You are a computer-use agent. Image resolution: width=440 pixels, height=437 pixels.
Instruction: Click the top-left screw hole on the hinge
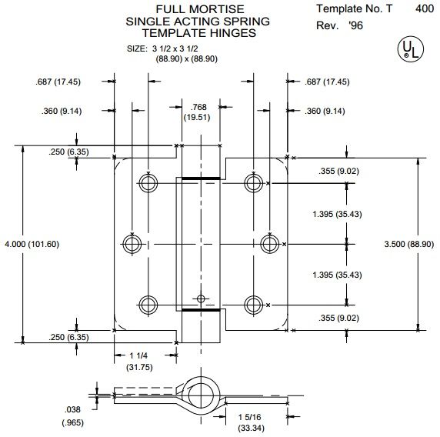(147, 182)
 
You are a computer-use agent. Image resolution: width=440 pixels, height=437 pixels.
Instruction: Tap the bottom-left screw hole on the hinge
(147, 303)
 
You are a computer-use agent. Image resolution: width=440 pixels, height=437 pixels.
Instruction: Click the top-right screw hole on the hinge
(252, 182)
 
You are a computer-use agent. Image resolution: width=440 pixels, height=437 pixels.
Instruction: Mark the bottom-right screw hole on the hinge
(252, 303)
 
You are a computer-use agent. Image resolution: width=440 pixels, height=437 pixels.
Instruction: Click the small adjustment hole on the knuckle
(201, 297)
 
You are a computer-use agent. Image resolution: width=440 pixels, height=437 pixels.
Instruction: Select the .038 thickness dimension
(71, 416)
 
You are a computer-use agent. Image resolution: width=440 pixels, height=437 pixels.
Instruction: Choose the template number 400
(423, 8)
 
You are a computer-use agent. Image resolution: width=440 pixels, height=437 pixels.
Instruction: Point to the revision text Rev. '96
(339, 26)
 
